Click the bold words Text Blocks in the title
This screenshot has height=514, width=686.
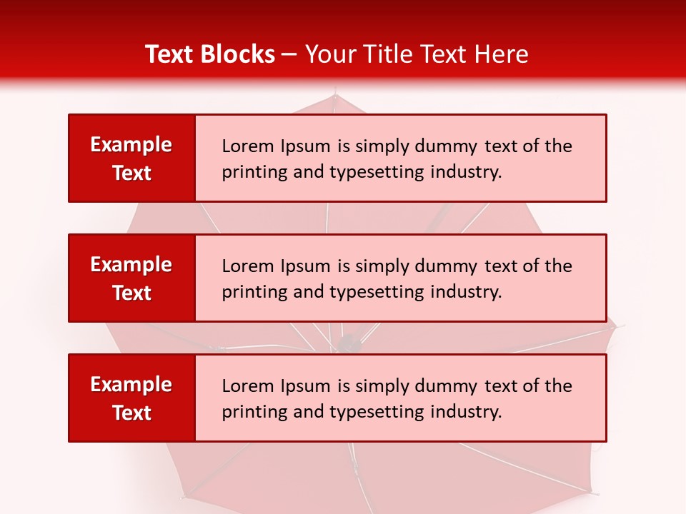210,54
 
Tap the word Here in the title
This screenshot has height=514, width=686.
502,54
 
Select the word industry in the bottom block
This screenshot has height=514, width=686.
466,412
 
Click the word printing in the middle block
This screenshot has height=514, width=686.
249,292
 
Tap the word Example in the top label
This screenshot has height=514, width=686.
131,145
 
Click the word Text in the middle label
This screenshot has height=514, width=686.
132,293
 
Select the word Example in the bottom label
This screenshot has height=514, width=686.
131,385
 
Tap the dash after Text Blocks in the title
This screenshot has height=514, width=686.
289,54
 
